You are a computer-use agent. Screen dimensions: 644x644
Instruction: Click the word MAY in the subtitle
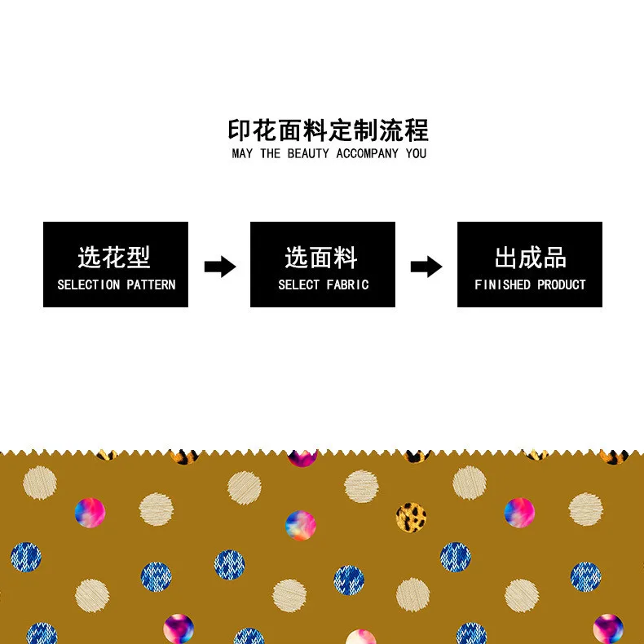pyautogui.click(x=242, y=153)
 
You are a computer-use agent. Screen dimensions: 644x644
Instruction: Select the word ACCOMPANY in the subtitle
pyautogui.click(x=367, y=153)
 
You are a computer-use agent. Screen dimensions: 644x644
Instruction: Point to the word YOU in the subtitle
pyautogui.click(x=416, y=153)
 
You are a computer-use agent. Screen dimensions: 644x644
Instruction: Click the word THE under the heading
pyautogui.click(x=270, y=153)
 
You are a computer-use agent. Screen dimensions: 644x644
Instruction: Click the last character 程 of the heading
pyautogui.click(x=416, y=130)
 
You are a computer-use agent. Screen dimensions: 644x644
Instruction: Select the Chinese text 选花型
pyautogui.click(x=115, y=258)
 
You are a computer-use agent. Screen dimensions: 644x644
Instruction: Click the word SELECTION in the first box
pyautogui.click(x=88, y=285)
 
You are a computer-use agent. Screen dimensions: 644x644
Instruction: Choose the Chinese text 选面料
pyautogui.click(x=322, y=258)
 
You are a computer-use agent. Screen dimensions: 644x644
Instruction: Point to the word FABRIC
pyautogui.click(x=348, y=285)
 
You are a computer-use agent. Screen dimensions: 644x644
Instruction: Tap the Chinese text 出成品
pyautogui.click(x=530, y=258)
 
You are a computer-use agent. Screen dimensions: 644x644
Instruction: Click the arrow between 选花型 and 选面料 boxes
pyautogui.click(x=219, y=266)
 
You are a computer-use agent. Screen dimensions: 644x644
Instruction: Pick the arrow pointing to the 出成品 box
pyautogui.click(x=426, y=266)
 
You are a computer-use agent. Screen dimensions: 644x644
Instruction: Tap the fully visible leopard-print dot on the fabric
pyautogui.click(x=412, y=516)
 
